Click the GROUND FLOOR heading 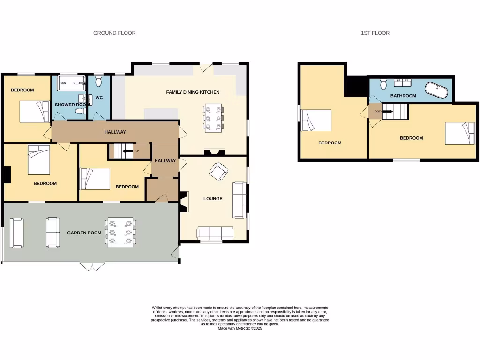coord(114,33)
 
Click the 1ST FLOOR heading coord(375,33)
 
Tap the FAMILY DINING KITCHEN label coord(193,92)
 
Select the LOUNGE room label coord(213,199)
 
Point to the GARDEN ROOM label coord(84,232)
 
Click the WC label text coord(99,97)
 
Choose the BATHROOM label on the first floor coord(403,96)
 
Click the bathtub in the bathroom coord(436,90)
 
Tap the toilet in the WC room coord(98,82)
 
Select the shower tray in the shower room coord(71,83)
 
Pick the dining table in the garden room coord(121,232)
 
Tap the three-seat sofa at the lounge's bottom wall coord(216,233)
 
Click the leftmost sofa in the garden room coord(17,232)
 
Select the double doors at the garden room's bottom coord(92,267)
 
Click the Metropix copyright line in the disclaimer coord(240,328)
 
